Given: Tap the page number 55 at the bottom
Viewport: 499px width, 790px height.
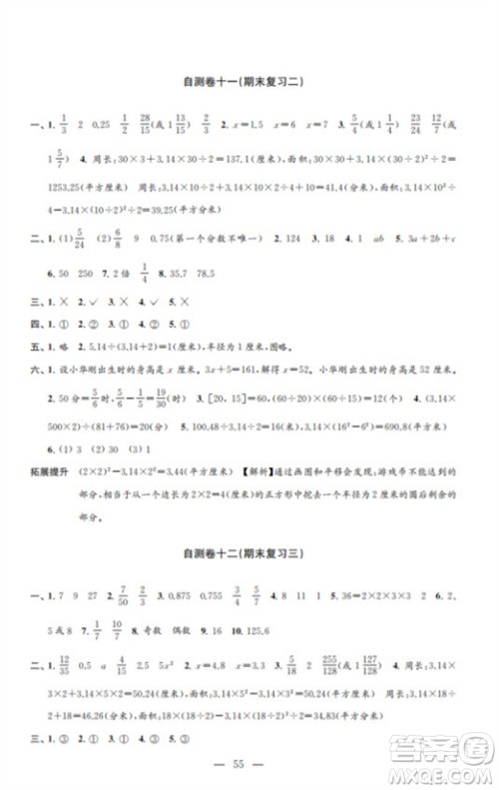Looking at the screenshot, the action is click(249, 762).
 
